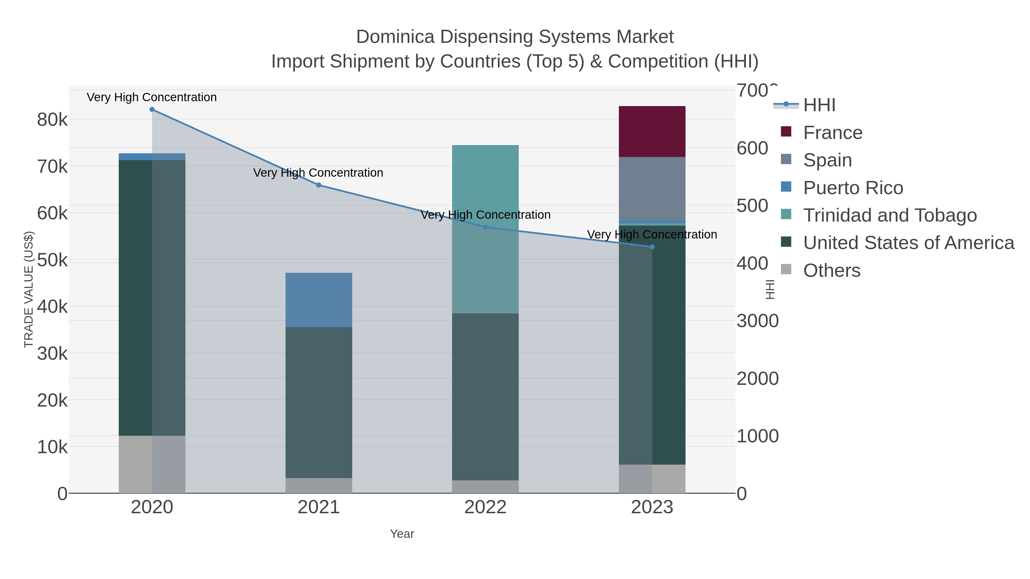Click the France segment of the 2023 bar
point(652,132)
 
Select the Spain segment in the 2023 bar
point(652,189)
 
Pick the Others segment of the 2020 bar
point(152,464)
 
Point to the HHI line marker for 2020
point(152,110)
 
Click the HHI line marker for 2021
point(319,185)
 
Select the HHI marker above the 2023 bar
point(652,247)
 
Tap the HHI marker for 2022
point(486,227)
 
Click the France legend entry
point(833,133)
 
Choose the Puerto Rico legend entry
point(853,188)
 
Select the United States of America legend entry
point(908,243)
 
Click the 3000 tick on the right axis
point(757,321)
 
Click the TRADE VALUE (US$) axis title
point(29,289)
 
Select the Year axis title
point(402,534)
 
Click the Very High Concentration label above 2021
point(318,173)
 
